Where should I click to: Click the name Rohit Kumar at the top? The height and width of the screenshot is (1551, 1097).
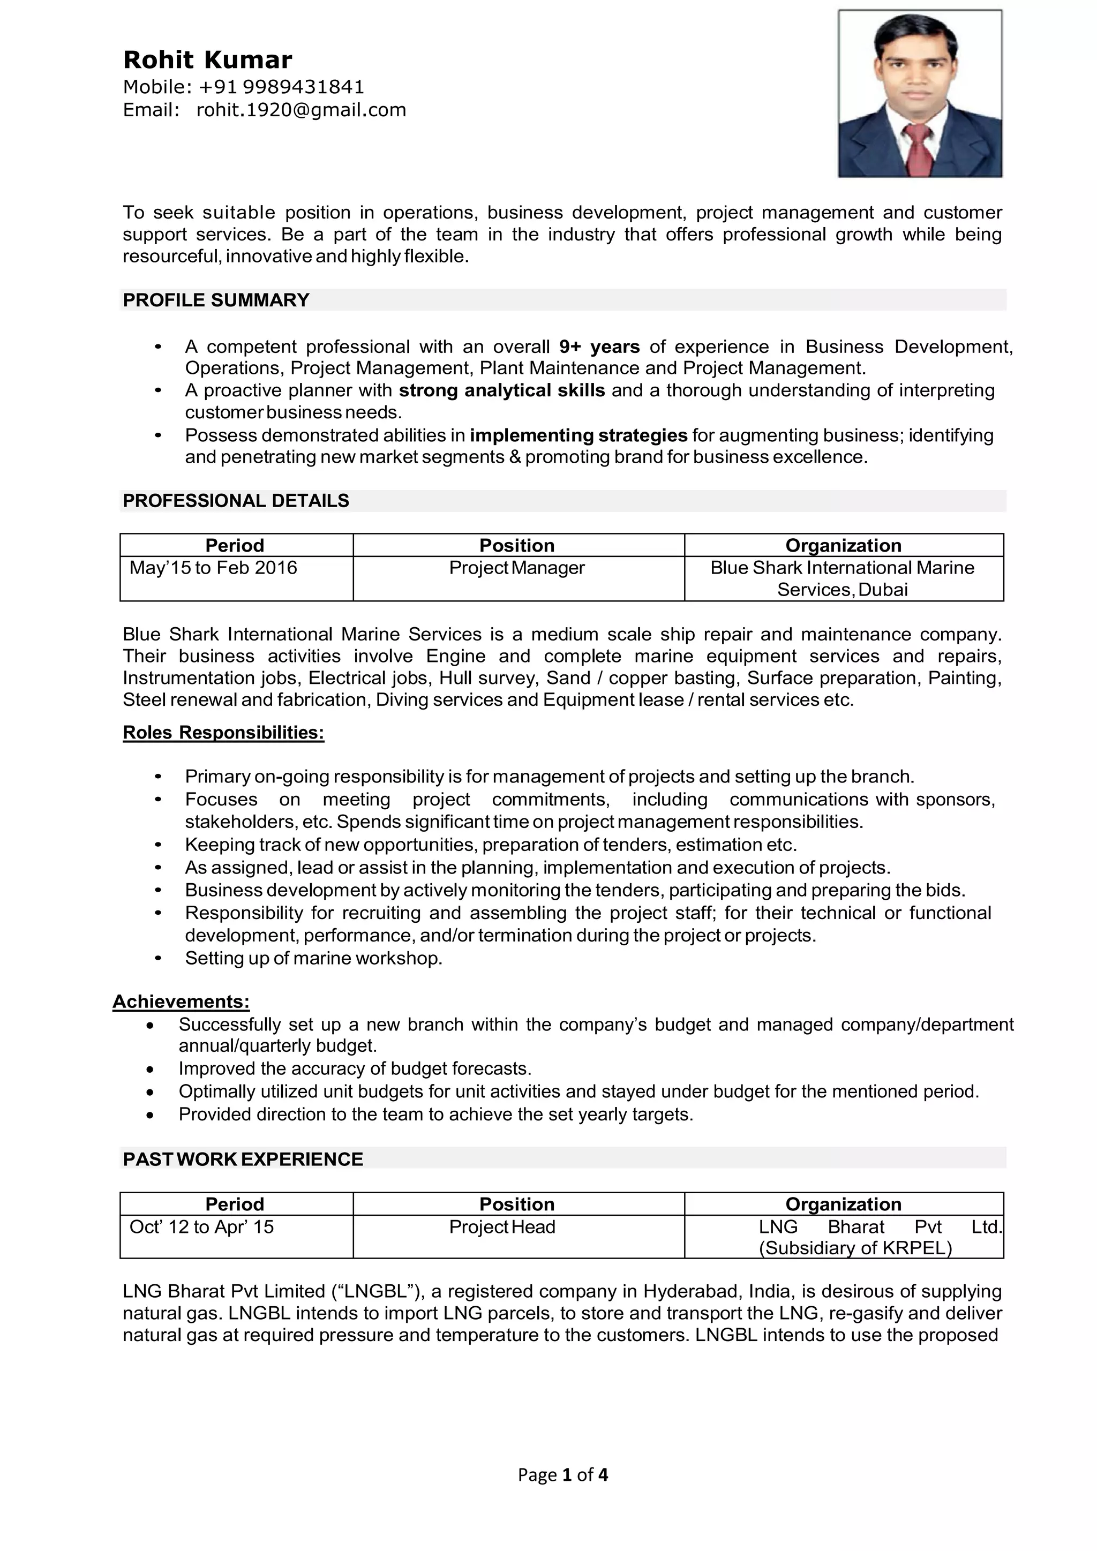point(207,60)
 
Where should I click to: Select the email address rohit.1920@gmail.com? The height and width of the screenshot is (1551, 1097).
point(301,110)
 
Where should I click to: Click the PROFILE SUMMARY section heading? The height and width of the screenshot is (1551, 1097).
point(216,300)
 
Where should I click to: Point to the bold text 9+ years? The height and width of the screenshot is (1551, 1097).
point(599,347)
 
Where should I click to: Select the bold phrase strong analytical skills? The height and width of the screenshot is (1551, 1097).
point(501,390)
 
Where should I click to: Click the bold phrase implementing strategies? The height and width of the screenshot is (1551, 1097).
point(578,435)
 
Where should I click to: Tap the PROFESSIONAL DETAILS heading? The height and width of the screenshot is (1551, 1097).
point(236,501)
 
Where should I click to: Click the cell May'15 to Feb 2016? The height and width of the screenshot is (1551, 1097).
point(214,568)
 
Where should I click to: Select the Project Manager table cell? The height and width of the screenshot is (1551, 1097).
point(517,568)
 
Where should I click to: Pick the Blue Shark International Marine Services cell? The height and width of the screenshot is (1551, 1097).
point(843,578)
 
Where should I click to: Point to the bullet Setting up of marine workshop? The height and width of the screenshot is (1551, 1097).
point(313,958)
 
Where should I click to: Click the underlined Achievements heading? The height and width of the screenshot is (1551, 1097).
point(181,1001)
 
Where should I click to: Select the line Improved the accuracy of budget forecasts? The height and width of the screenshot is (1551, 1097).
point(355,1068)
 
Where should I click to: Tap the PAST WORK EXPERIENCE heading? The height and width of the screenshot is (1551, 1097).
point(243,1159)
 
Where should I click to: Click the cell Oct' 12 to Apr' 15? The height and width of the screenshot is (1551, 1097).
point(201,1227)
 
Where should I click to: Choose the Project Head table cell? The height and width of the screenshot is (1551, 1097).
point(502,1227)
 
